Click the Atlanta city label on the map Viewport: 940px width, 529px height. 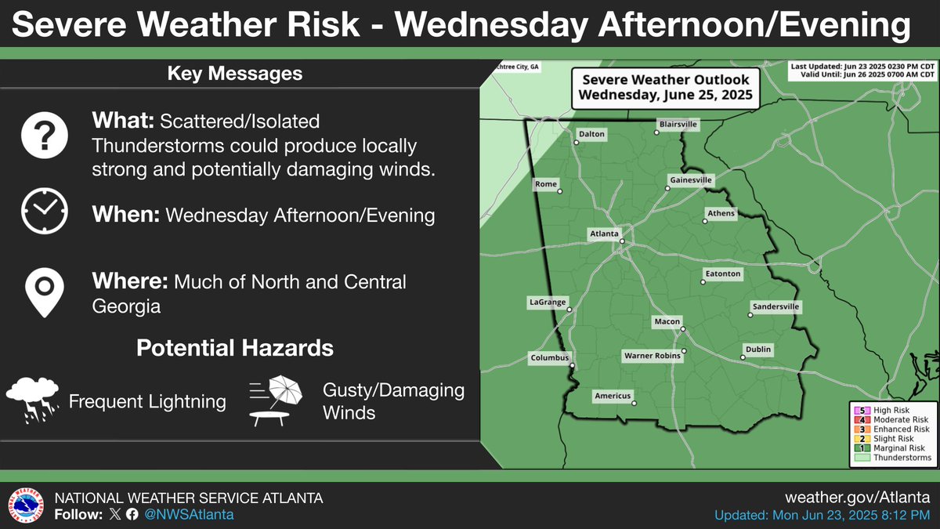[x=605, y=234]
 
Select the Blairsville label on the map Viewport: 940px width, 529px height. [x=678, y=124]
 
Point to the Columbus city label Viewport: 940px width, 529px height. [x=548, y=358]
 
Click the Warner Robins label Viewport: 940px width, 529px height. [x=652, y=356]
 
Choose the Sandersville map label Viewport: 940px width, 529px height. [x=775, y=306]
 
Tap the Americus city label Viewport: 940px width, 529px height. [x=612, y=396]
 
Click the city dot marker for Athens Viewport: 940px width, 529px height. [x=705, y=222]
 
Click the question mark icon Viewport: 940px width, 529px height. [x=44, y=134]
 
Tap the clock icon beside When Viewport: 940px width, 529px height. [x=44, y=211]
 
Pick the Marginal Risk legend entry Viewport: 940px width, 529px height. [x=892, y=448]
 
